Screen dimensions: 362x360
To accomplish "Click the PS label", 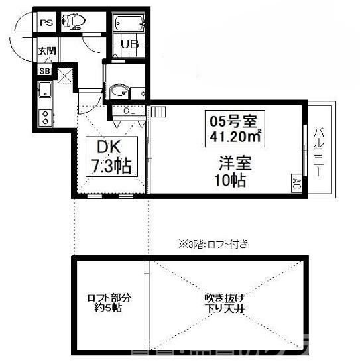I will (46, 23).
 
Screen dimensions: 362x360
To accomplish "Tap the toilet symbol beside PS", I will (72, 23).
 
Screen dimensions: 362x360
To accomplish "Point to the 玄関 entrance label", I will (46, 51).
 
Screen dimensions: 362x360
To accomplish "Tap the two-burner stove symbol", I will (45, 117).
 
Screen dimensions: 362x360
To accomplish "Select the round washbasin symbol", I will (118, 91).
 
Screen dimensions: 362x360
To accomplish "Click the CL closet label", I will (129, 111).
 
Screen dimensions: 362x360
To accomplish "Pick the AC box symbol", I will (296, 182).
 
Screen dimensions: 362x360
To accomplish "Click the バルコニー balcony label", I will (319, 151).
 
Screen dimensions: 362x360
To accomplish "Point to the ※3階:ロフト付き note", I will (212, 244).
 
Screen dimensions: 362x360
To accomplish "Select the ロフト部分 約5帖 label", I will (107, 303).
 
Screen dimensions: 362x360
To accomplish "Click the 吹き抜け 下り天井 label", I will (219, 303).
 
